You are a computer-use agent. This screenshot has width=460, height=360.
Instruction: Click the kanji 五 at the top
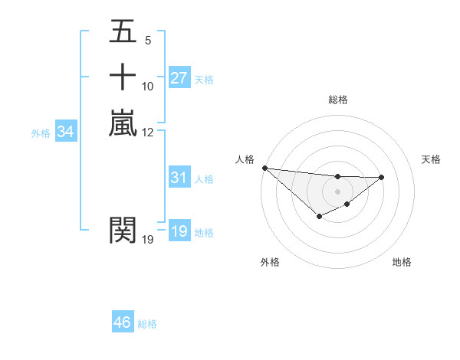click(123, 31)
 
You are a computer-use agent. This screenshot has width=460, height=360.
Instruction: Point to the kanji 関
click(123, 229)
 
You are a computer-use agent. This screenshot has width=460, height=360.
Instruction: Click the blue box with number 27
click(179, 78)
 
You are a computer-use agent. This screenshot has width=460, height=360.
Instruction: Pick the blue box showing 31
click(179, 178)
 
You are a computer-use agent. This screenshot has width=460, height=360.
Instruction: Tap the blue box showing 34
click(65, 133)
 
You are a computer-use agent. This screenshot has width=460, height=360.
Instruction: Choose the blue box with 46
click(123, 322)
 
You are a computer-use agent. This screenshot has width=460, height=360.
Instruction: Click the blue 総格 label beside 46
click(147, 324)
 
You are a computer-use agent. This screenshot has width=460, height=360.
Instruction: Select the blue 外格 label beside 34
click(41, 133)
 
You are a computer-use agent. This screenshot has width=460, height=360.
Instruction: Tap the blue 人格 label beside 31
click(204, 179)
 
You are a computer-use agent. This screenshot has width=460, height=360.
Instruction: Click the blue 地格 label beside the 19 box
click(204, 233)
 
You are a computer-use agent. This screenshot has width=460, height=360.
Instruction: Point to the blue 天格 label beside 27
click(204, 80)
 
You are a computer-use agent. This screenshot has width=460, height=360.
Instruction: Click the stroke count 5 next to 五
click(147, 40)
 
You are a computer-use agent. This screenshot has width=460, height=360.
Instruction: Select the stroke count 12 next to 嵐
click(148, 133)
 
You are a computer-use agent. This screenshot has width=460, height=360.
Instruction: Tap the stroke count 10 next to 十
click(148, 86)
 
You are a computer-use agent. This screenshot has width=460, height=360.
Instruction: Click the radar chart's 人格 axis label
click(245, 159)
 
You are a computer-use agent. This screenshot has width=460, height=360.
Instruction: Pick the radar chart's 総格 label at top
click(337, 100)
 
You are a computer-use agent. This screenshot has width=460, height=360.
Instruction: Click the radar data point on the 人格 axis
click(264, 168)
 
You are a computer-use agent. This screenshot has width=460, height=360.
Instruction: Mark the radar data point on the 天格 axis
click(382, 177)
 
